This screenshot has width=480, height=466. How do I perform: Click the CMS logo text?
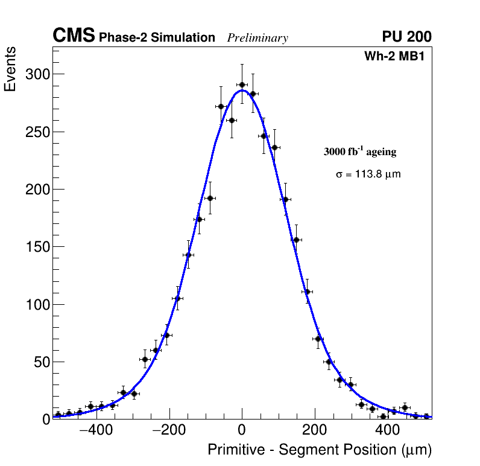coord(74,36)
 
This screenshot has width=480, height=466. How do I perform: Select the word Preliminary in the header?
coord(257,38)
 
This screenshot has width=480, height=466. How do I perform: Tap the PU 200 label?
coord(406,37)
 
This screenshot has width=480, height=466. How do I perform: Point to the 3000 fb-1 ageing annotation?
coord(360,152)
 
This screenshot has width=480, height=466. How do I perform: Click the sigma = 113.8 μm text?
coord(368,174)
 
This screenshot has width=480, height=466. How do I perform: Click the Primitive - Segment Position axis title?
coord(320,450)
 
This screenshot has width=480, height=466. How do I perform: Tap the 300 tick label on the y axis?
coord(37,74)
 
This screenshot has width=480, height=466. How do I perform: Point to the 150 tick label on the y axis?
coord(37,247)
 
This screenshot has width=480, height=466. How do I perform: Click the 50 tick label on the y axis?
coord(41,362)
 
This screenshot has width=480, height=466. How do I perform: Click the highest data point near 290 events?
coord(242,85)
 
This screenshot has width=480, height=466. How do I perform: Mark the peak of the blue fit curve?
coord(242,91)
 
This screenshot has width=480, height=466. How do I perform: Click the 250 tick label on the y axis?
coord(37,132)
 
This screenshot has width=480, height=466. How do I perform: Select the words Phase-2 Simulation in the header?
coord(157,38)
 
